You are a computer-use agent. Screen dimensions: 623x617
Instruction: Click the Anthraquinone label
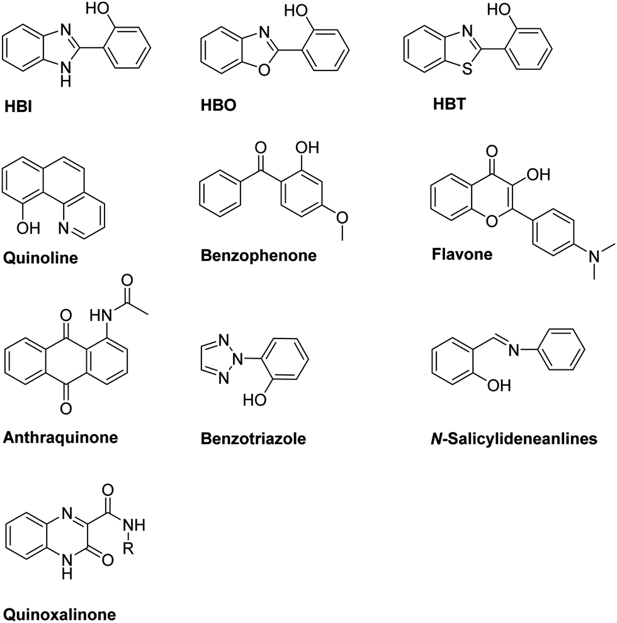[x=60, y=437]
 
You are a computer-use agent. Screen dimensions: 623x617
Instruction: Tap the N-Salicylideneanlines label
[x=512, y=437]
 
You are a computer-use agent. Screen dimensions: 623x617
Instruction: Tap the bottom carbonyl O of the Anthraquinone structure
[x=66, y=409]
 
